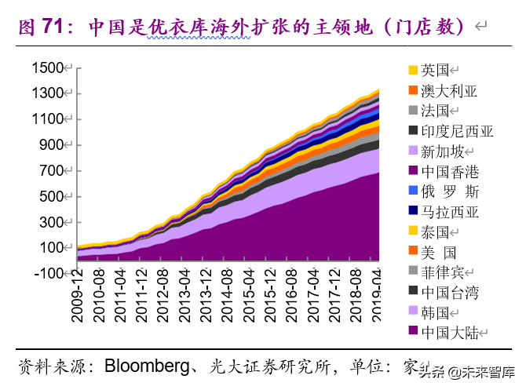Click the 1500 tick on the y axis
tap(47, 68)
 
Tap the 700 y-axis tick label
tap(52, 171)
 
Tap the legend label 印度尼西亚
tap(457, 131)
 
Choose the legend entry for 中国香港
tap(448, 171)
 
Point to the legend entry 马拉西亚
tap(448, 212)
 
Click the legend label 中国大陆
tap(448, 332)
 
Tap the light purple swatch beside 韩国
tap(413, 312)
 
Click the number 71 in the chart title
tap(53, 26)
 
